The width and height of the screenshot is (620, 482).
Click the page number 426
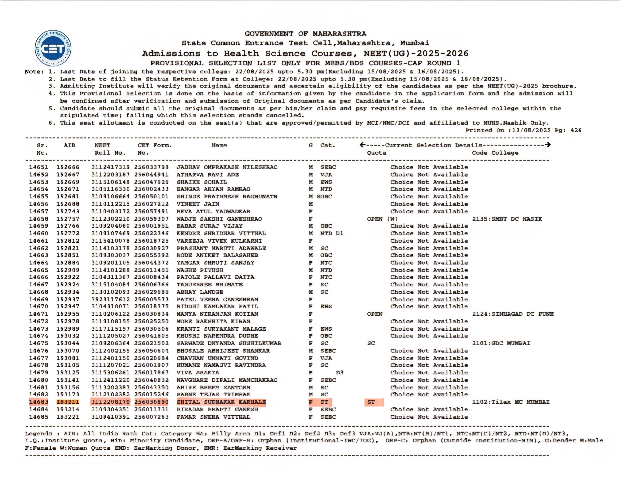pyautogui.click(x=576, y=130)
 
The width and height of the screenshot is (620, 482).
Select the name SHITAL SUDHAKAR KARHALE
pyautogui.click(x=221, y=402)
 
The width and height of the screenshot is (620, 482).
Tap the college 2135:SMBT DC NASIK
pyautogui.click(x=507, y=219)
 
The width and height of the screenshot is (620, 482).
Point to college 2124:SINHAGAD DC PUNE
pyautogui.click(x=513, y=314)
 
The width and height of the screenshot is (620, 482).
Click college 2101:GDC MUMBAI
pyautogui.click(x=501, y=343)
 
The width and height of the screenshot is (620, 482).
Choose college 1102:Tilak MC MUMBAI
pyautogui.click(x=511, y=402)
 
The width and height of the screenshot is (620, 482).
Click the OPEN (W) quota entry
pyautogui.click(x=382, y=219)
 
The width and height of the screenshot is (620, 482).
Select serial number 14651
pyautogui.click(x=39, y=167)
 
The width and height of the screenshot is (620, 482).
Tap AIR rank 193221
pyautogui.click(x=68, y=417)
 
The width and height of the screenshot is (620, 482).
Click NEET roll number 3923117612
pyautogui.click(x=110, y=300)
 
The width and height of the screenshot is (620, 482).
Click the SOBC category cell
pyautogui.click(x=324, y=196)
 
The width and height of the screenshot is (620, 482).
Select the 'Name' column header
pyautogui.click(x=219, y=145)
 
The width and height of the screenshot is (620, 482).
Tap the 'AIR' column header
pyautogui.click(x=70, y=145)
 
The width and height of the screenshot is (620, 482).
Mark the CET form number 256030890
pyautogui.click(x=151, y=402)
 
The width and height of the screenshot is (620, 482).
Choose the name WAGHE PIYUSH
pyautogui.click(x=200, y=270)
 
